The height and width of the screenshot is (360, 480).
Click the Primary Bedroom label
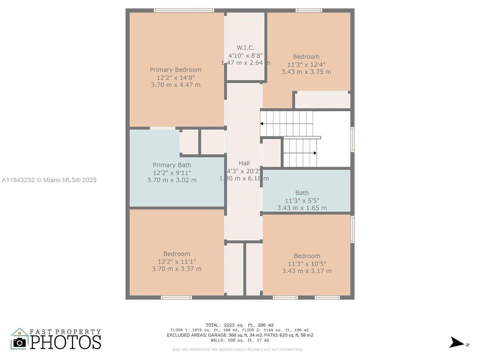tap(175, 69)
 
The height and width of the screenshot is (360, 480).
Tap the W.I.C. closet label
tap(245, 47)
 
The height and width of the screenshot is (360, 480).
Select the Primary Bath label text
tap(171, 165)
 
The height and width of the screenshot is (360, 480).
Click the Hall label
tap(244, 163)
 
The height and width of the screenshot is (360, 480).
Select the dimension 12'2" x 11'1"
tap(176, 261)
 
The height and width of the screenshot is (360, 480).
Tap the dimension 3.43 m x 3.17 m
tap(306, 271)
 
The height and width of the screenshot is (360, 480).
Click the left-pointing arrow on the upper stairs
tap(262, 123)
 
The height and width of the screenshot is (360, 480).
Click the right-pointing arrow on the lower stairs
tap(314, 153)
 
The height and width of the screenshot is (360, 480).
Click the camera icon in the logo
tap(19, 342)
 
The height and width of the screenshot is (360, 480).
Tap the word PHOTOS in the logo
tap(65, 342)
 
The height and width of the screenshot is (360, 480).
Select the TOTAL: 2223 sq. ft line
tap(239, 325)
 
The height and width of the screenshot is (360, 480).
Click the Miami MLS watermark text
tap(49, 180)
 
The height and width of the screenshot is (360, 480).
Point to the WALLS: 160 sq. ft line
tap(239, 340)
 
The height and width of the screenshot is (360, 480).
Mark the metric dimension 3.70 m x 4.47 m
tap(175, 85)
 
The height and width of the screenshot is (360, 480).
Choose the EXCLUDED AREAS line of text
tap(239, 335)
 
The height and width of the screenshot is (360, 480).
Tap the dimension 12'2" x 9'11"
tap(171, 172)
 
